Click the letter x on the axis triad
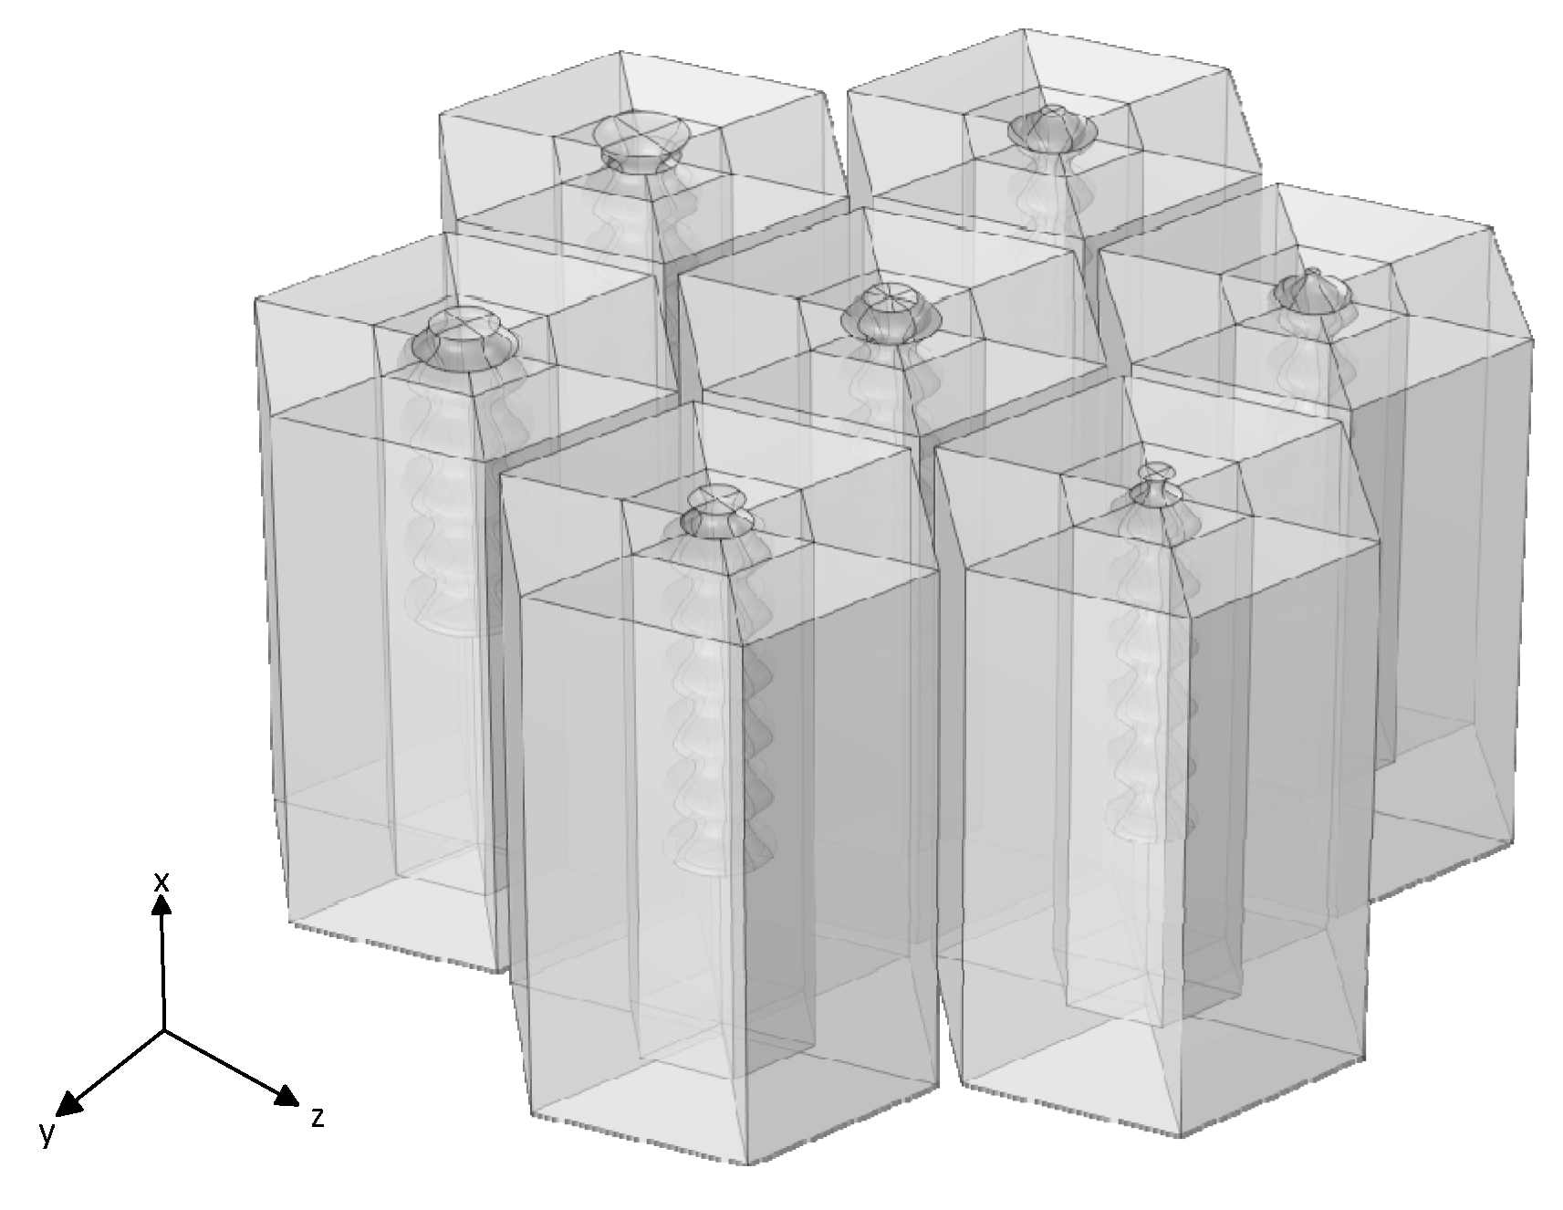point(162,881)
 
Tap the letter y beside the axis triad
point(47,1132)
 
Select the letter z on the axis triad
point(318,1117)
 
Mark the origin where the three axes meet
point(164,1031)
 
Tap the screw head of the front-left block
point(718,511)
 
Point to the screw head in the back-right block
point(1053,129)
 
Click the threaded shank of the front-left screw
point(721,703)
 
